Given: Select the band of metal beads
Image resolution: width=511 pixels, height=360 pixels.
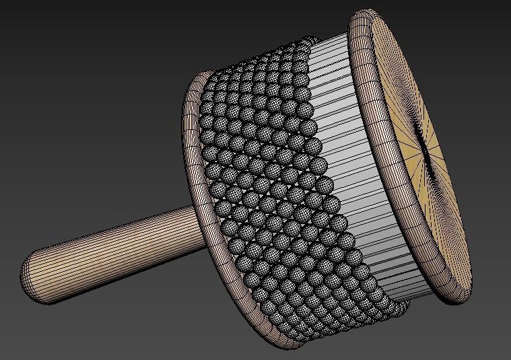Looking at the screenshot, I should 269,188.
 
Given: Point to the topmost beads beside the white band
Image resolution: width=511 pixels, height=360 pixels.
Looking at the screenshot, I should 296,47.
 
